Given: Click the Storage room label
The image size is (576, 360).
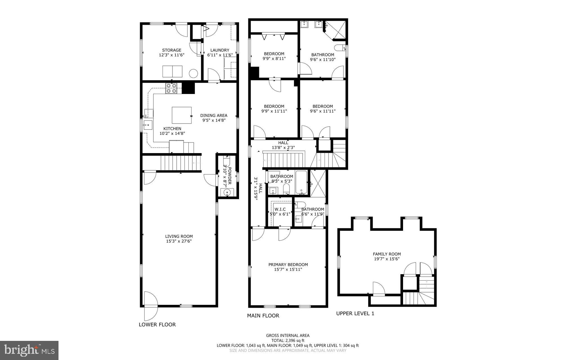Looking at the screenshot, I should pos(172,50).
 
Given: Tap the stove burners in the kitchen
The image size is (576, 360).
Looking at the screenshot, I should pos(172,88).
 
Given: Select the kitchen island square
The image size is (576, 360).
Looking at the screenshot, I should pos(182,115).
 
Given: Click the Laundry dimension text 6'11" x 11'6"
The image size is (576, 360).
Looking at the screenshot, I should pos(220,55).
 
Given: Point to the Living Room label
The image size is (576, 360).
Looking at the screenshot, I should pos(179,236).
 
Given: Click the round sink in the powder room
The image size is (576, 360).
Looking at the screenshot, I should pos(227,193).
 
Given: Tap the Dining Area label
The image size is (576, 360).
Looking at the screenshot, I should pos(214,115).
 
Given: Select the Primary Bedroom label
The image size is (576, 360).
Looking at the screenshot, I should pos(288,265).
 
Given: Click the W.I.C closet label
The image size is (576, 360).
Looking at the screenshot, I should pos(280,209).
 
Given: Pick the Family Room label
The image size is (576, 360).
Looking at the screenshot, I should pos(387,254).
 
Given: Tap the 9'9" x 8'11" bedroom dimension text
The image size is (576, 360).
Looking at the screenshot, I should pos(274,59).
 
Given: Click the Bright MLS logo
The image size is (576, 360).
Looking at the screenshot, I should pos(29,350).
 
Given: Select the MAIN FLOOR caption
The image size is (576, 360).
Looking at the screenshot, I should pos(263,316).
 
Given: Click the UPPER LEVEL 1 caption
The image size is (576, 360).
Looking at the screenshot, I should pos(355,314).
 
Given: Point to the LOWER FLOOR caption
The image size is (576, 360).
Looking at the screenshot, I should pos(157,325).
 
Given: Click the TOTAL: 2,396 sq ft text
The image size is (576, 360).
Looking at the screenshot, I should pos(288,340).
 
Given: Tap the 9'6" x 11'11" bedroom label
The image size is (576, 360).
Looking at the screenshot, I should pos(323,106).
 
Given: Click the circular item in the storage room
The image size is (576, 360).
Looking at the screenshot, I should pos(193,73).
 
